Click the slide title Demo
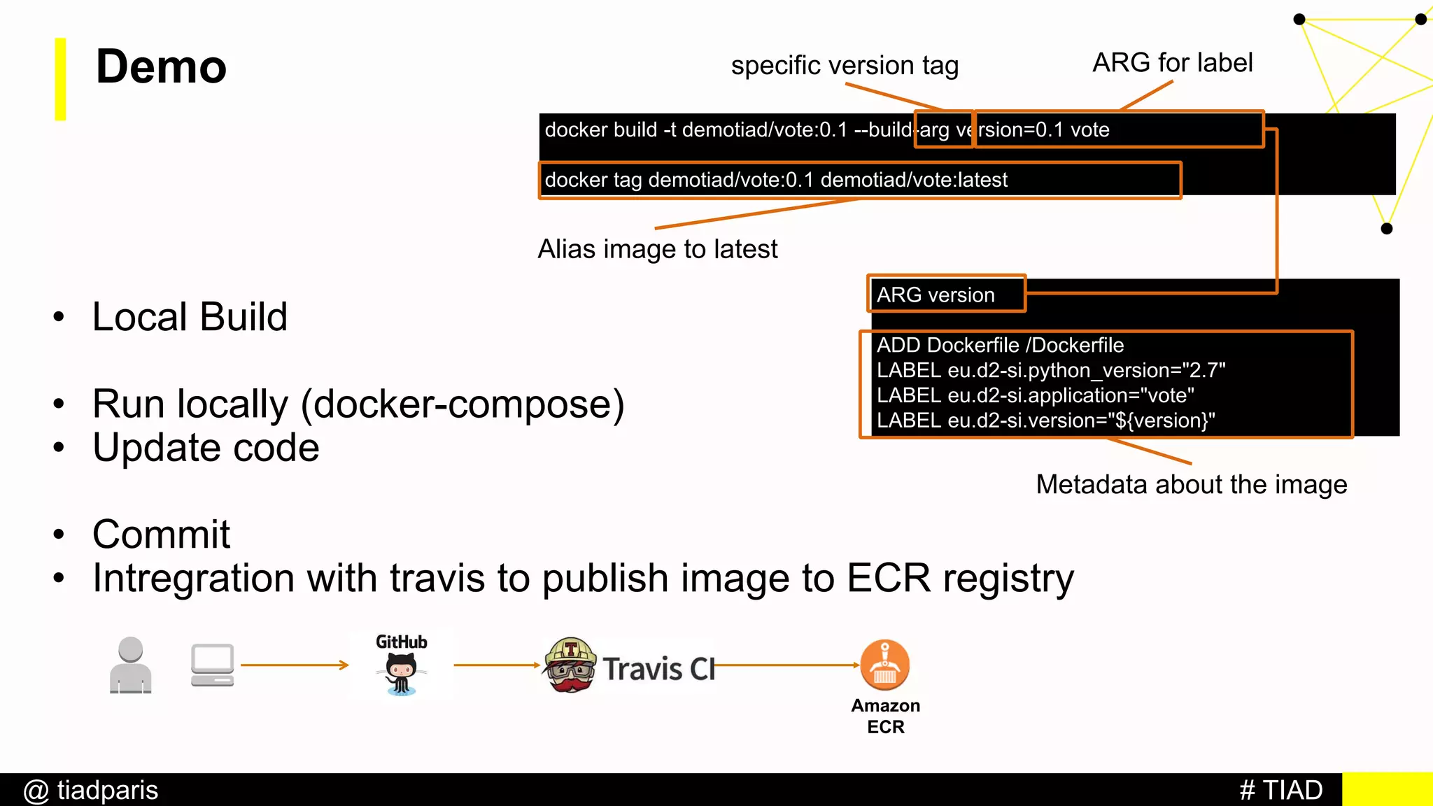pos(161,67)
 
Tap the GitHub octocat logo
pos(402,673)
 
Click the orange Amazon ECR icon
pos(885,665)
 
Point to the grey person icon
pos(131,665)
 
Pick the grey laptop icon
pos(212,665)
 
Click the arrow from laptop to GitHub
pos(294,665)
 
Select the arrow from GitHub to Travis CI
pos(497,665)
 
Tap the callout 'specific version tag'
pos(845,66)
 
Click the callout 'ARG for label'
pos(1173,63)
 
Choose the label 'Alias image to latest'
pos(658,249)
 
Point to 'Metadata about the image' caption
pos(1192,484)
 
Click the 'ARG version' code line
pos(936,295)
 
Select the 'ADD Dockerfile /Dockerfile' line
pos(1000,345)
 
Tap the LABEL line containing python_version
pos(1051,370)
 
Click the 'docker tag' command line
pos(776,180)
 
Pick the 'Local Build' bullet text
pos(190,317)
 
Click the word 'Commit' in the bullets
pos(161,535)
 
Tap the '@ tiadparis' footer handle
pos(91,790)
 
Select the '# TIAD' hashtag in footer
pos(1281,790)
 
